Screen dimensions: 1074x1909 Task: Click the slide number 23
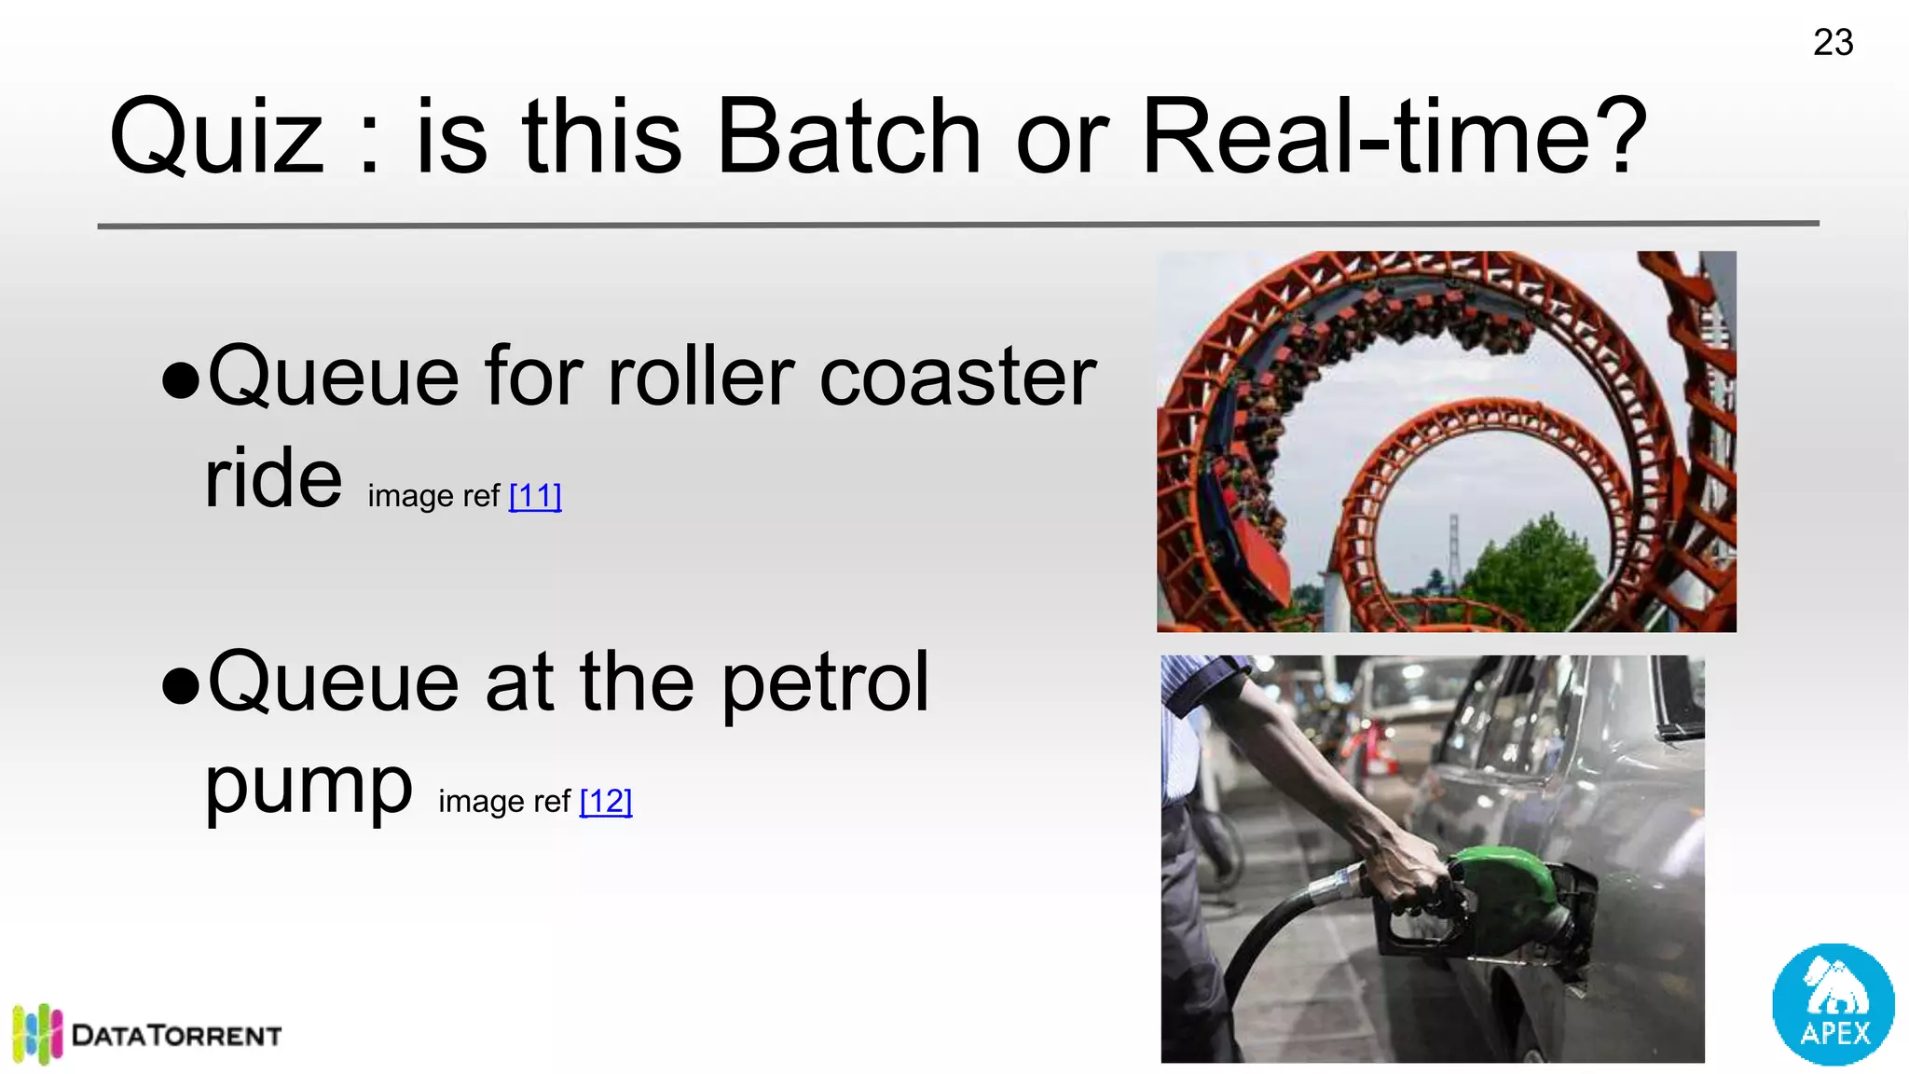point(1833,43)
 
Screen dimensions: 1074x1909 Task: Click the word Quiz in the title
point(216,138)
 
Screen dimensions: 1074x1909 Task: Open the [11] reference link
point(535,496)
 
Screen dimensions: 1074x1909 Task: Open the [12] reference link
point(606,801)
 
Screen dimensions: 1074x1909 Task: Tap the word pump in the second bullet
point(308,785)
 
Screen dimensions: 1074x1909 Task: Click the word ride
point(273,478)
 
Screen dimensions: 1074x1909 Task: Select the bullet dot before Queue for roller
point(181,380)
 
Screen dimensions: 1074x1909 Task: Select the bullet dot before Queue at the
point(181,686)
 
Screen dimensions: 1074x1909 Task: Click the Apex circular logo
point(1833,1004)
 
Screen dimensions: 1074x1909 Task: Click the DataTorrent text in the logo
point(176,1036)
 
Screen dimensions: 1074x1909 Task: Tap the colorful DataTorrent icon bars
point(37,1033)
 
